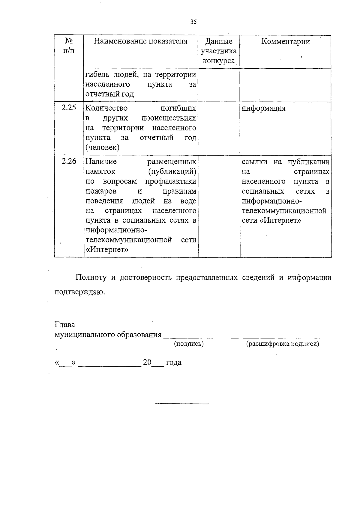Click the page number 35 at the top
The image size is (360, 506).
coord(193,22)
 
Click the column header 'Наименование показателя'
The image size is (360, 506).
coord(141,41)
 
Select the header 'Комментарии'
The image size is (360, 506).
coord(285,41)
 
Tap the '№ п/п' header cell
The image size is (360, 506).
coord(69,46)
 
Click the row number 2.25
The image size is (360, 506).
coord(69,108)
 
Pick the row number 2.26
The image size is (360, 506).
coord(69,161)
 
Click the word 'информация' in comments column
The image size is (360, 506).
coord(263,108)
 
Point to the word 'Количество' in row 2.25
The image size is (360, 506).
coord(106,108)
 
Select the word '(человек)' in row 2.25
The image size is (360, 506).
coord(102,147)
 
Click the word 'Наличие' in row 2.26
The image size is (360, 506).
coord(101,162)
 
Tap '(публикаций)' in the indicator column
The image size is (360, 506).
coord(172,171)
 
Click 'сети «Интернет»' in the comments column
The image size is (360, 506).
coord(271,221)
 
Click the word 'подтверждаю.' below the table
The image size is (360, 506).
coord(80,292)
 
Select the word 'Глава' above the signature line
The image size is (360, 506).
coord(65,325)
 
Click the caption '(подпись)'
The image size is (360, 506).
coord(189,344)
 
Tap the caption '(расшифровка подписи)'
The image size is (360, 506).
coord(282,344)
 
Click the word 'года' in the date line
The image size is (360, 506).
coord(174,362)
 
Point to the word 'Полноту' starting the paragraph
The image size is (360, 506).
coord(91,278)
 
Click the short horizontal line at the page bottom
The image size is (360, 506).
coord(181,404)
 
